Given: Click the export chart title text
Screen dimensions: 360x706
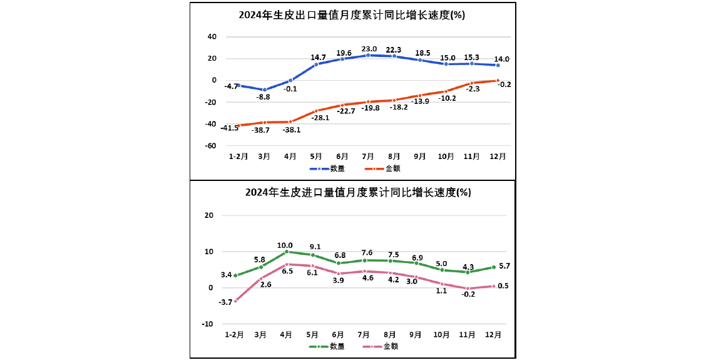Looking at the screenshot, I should point(352,16).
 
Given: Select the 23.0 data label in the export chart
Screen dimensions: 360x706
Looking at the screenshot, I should point(369,48).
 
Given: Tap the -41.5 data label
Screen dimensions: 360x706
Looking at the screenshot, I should point(230,128).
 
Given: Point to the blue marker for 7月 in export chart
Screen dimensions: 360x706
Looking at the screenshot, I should point(368,55).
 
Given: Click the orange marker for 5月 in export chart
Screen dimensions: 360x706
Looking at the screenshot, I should point(316,111).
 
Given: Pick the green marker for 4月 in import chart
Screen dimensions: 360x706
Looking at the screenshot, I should point(287,252).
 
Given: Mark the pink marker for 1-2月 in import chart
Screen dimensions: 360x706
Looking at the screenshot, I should point(235,301).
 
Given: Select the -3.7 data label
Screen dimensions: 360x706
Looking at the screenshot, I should point(225,302).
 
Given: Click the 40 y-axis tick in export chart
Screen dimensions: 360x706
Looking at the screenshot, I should point(212,37).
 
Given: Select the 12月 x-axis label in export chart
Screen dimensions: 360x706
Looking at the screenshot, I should point(498,157).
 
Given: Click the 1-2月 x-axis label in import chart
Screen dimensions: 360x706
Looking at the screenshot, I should point(235,334).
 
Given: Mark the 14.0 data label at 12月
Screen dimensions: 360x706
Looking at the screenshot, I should point(503,59).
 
